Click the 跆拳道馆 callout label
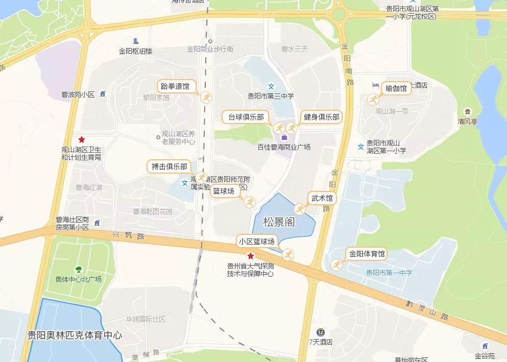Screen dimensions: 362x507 coord(175,86)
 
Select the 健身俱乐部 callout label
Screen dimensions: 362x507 coord(322,117)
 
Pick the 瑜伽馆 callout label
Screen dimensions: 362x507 coord(396,88)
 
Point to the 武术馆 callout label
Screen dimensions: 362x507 coord(322,198)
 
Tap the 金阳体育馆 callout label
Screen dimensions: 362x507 coord(367,254)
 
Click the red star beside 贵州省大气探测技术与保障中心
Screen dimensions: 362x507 coord(251,256)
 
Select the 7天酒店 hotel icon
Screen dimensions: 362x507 coord(320,332)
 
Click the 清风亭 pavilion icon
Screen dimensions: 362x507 coord(467,112)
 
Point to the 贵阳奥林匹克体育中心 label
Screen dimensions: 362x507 coord(75,335)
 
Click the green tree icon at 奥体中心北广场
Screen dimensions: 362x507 coord(79,270)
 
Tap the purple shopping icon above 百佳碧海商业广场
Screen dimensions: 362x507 coord(284,137)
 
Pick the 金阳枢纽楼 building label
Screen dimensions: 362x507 coord(136,51)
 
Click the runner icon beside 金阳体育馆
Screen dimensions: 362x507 coord(336,264)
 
